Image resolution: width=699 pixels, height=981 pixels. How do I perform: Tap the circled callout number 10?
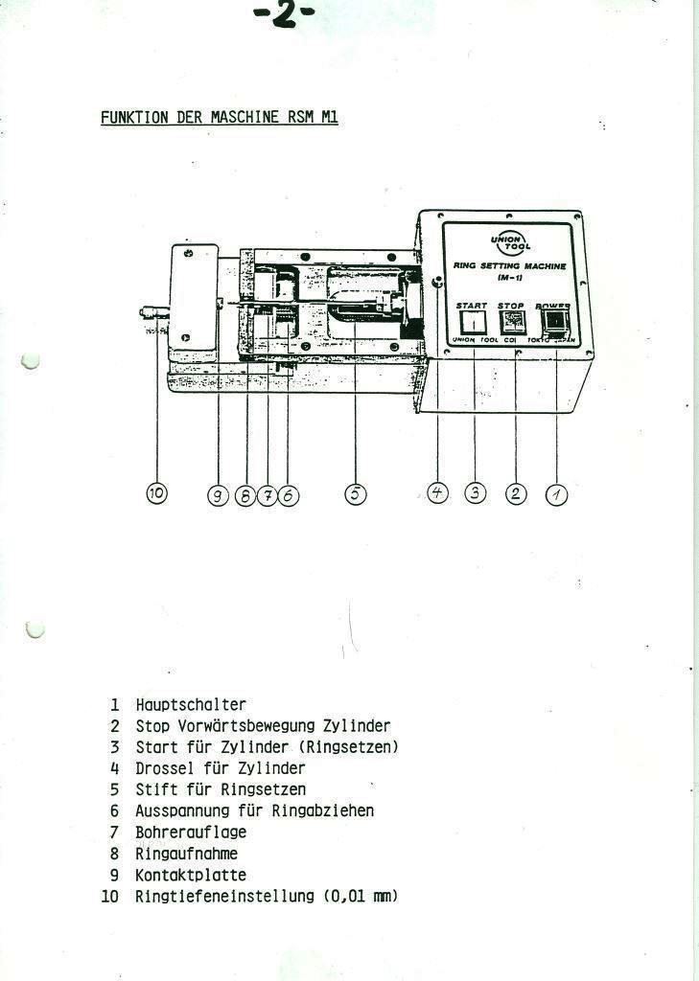click(x=156, y=493)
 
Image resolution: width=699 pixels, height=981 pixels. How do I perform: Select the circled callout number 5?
click(x=355, y=494)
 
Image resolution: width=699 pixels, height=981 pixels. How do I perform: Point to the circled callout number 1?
click(x=556, y=494)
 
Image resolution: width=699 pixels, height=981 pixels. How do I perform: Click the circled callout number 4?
click(x=437, y=493)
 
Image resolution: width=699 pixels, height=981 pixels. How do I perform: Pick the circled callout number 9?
click(x=219, y=494)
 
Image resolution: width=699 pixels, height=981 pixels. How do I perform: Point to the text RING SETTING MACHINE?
click(x=508, y=266)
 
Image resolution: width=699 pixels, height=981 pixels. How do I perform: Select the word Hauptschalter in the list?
click(x=191, y=705)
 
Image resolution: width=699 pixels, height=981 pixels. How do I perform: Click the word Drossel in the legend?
click(x=165, y=768)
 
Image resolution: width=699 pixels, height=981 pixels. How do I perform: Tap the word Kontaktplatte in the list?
click(x=191, y=875)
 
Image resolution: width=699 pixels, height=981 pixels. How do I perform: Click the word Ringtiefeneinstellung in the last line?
click(x=224, y=897)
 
